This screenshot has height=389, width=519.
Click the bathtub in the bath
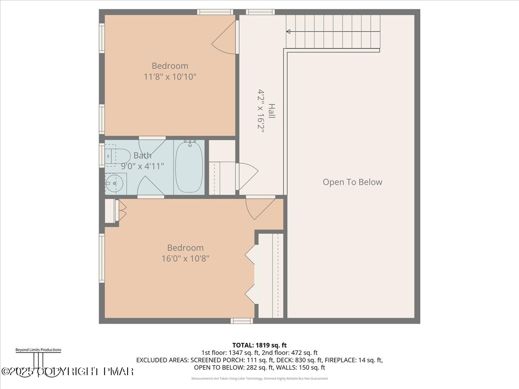click(x=189, y=167)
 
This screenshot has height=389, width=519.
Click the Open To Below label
click(x=352, y=182)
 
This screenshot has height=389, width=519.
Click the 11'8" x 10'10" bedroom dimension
click(x=170, y=77)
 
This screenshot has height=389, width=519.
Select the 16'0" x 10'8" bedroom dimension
click(x=185, y=258)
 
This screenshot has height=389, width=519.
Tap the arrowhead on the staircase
click(x=288, y=31)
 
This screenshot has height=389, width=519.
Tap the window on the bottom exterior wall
click(x=241, y=321)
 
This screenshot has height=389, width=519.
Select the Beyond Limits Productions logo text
click(x=38, y=350)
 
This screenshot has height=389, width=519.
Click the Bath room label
click(x=142, y=156)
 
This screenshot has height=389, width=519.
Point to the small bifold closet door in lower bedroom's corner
click(x=122, y=210)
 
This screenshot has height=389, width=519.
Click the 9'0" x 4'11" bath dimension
click(x=142, y=166)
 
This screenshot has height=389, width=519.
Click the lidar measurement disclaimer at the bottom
click(x=259, y=379)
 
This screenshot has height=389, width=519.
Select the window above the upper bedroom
click(x=215, y=12)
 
